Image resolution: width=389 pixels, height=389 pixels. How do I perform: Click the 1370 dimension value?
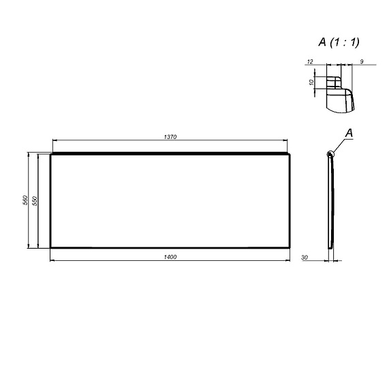170,137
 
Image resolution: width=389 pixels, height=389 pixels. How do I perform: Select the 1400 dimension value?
170,256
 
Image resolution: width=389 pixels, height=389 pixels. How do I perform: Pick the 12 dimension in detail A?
310,62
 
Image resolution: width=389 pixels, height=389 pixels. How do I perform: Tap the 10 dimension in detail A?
311,82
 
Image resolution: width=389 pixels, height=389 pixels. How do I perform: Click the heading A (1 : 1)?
339,42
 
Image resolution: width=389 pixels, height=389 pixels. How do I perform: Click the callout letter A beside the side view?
349,132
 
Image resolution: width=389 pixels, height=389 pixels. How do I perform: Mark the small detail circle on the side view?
331,154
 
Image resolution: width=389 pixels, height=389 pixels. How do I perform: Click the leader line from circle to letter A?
340,144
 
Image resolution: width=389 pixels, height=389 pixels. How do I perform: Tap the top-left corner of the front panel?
52,154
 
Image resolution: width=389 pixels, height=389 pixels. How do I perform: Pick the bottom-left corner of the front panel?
51,247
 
